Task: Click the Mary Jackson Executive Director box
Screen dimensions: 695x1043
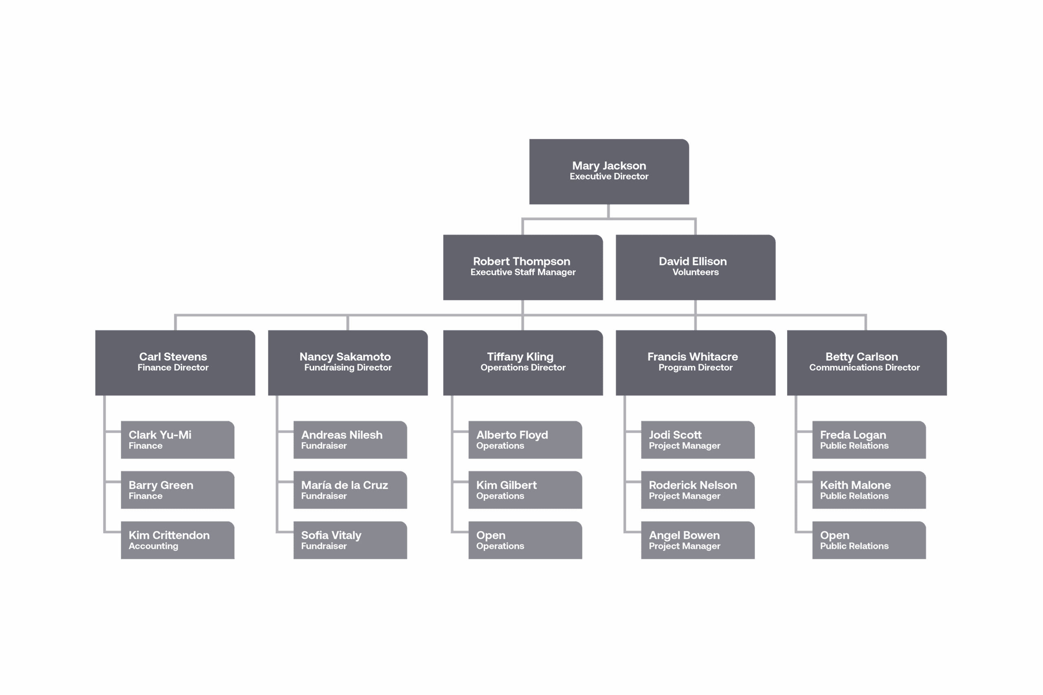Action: [609, 171]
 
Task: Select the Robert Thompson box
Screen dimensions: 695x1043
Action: [523, 267]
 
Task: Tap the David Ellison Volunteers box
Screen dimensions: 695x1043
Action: [695, 267]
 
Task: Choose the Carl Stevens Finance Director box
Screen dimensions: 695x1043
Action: [175, 363]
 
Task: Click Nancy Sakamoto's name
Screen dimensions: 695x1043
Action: [345, 357]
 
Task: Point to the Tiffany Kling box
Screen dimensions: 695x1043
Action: [523, 363]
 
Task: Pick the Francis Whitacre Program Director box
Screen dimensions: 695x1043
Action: [695, 363]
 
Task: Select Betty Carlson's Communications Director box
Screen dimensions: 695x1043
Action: [867, 363]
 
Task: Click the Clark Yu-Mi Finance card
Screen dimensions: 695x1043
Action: [177, 440]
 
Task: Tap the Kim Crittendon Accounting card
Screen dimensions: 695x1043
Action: [177, 540]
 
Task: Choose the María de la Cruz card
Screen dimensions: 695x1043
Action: [350, 490]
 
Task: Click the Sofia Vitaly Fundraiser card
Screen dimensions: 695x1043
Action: [350, 540]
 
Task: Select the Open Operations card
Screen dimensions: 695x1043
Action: [525, 540]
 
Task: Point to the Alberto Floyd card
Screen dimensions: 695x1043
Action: [525, 440]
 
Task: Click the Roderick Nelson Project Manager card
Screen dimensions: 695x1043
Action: [697, 490]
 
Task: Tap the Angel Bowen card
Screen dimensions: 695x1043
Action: [697, 540]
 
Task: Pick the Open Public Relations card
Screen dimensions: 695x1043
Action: [869, 540]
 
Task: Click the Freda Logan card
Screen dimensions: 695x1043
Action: [869, 440]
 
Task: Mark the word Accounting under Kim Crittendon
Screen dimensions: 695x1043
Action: [154, 546]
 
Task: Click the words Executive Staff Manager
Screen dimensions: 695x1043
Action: [523, 272]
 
